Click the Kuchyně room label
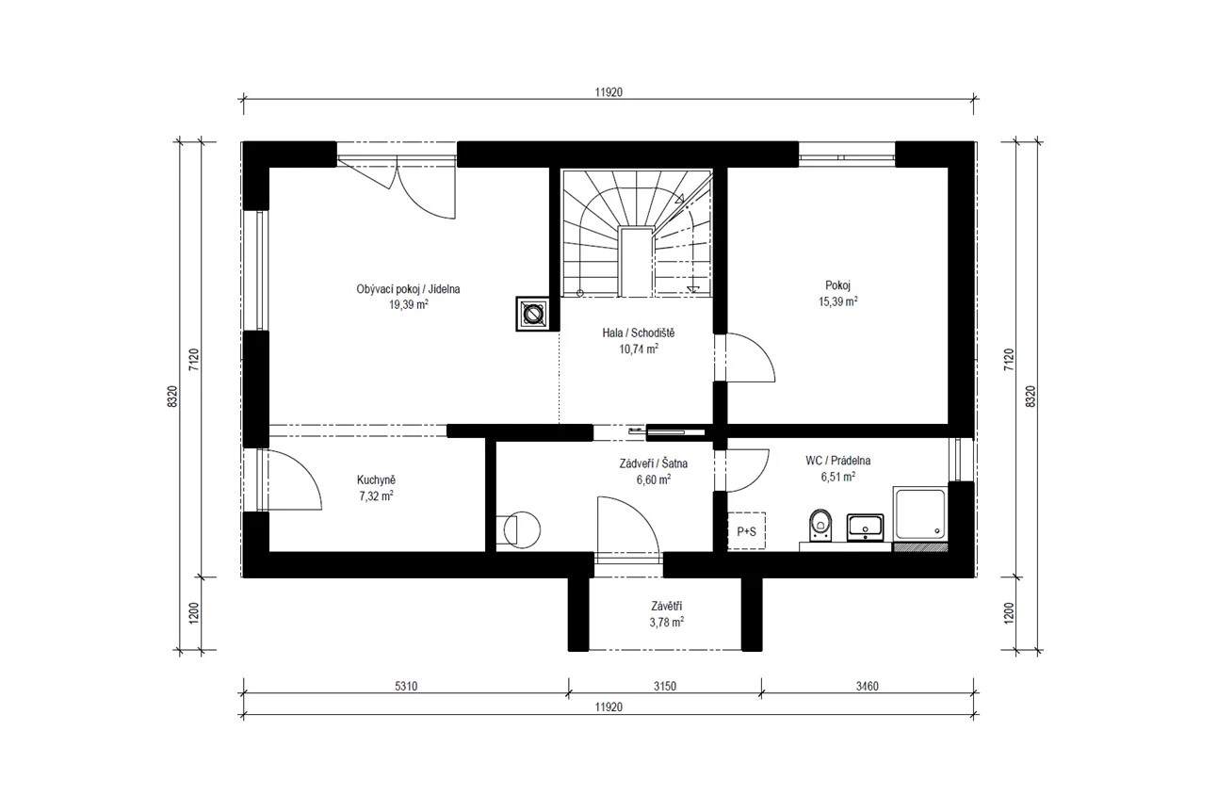tap(376, 479)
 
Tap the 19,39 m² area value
tap(409, 304)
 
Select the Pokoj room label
tap(837, 285)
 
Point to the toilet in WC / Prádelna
tap(820, 526)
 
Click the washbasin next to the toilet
tap(865, 528)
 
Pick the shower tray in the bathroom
tap(920, 514)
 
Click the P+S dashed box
tap(747, 531)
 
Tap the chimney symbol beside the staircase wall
tap(532, 314)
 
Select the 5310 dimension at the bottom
tap(406, 687)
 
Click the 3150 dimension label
tap(664, 687)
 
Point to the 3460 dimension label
tap(867, 687)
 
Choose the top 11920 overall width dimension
tap(609, 92)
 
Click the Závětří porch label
tap(667, 607)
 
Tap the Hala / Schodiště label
tap(639, 333)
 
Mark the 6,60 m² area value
tap(653, 479)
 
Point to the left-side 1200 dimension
tap(194, 613)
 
